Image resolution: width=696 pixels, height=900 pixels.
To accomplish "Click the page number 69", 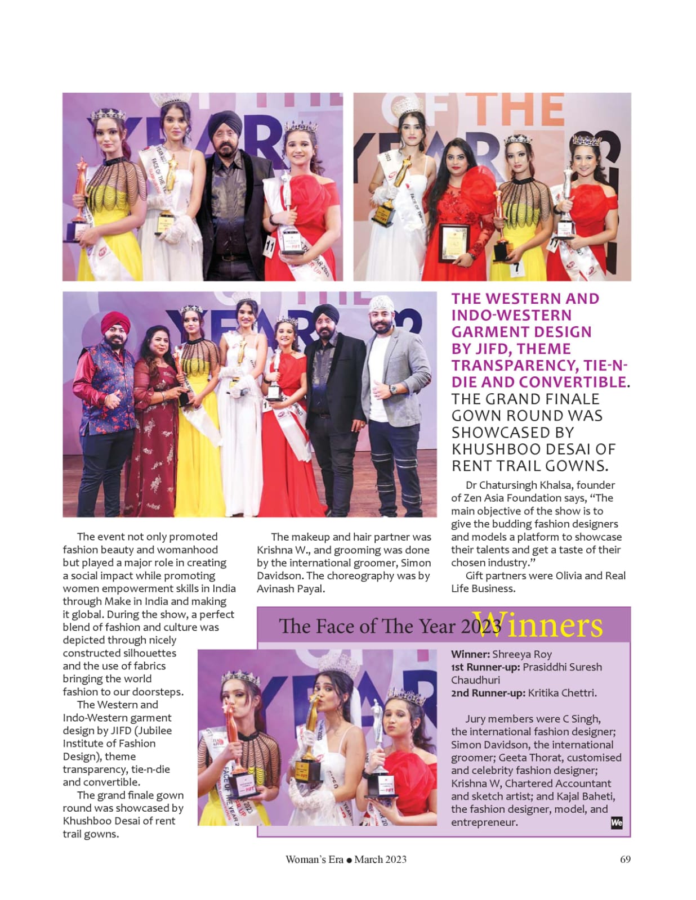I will [625, 859].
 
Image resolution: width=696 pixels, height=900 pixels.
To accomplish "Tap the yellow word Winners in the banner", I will [537, 625].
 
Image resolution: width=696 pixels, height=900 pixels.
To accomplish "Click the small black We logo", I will [617, 823].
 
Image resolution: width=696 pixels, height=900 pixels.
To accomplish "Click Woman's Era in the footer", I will [314, 859].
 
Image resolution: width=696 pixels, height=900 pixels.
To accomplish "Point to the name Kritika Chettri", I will [561, 693].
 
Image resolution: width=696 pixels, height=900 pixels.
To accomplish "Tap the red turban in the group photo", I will [115, 323].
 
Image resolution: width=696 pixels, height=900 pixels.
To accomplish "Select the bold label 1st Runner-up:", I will [485, 667].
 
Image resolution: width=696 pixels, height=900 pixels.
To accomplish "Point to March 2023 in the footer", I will [381, 859].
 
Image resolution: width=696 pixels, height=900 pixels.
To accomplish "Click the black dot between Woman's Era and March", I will [349, 860].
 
